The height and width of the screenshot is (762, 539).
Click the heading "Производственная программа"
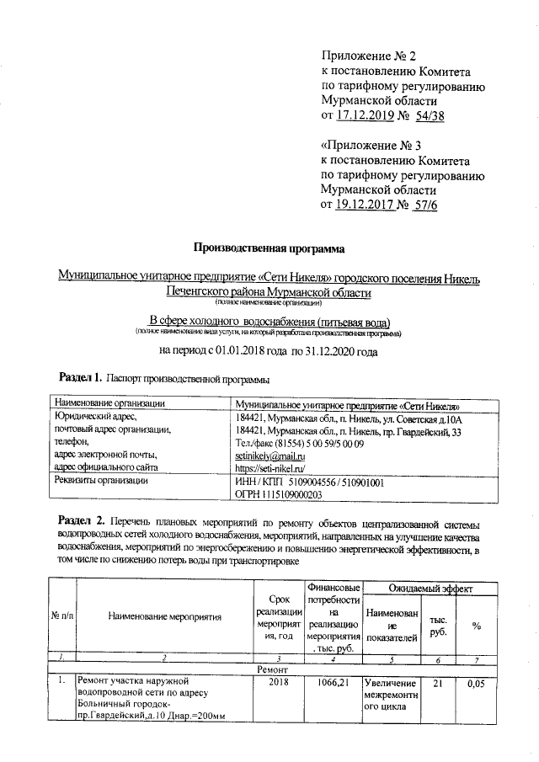269,248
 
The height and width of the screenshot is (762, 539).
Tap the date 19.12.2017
366,205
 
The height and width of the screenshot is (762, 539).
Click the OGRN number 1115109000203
278,495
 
